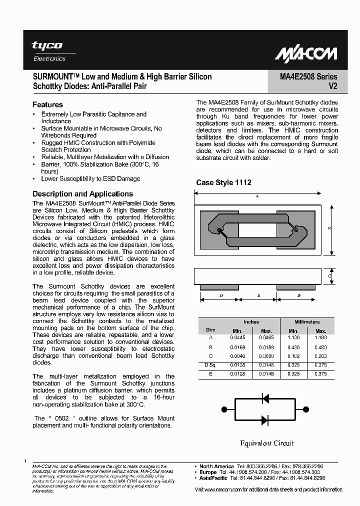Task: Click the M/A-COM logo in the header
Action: point(306,53)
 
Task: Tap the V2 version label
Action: point(332,86)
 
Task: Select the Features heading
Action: point(47,105)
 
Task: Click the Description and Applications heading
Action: point(82,194)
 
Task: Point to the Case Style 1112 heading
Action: point(223,182)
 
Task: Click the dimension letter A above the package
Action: point(257,196)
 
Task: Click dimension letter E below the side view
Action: point(258,295)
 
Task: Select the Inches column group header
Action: point(251,322)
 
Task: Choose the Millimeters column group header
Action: point(307,322)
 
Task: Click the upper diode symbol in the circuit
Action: point(266,398)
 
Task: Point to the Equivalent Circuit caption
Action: point(267,443)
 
